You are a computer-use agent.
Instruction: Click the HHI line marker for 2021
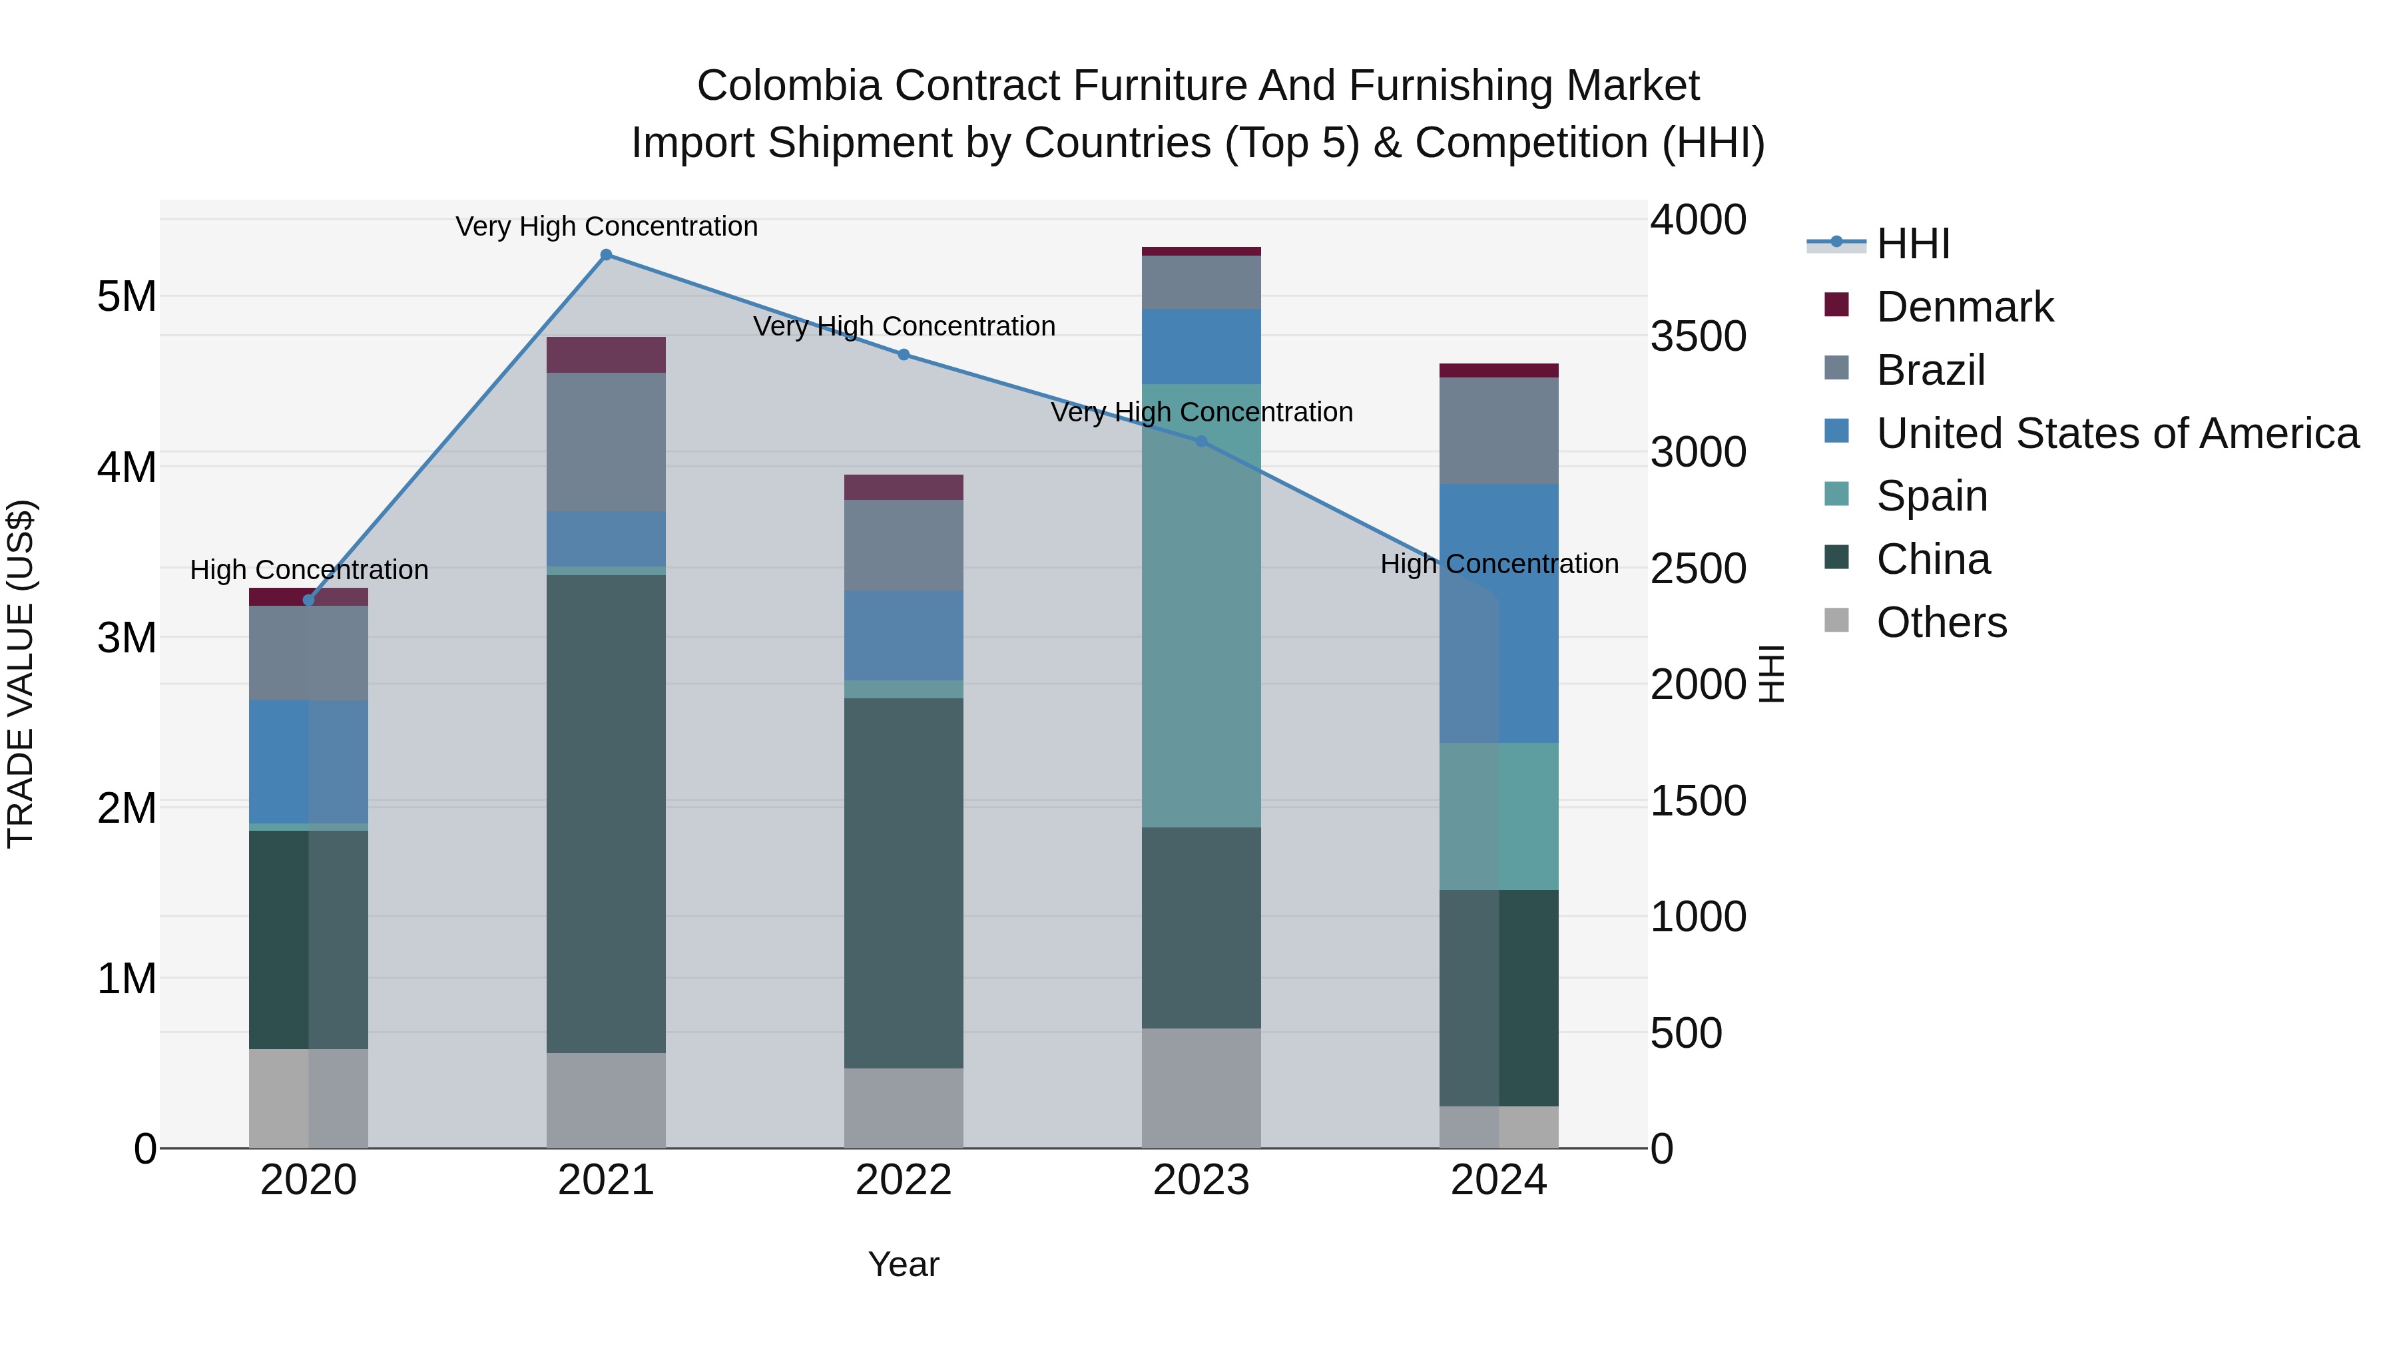(606, 255)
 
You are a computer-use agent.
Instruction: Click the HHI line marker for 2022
(904, 354)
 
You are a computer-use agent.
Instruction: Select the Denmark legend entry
(1964, 307)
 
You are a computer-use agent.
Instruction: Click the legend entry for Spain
(1931, 496)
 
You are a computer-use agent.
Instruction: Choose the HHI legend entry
(1912, 244)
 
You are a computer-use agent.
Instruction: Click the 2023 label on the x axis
(1200, 1180)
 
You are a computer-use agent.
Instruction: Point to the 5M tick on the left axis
(127, 297)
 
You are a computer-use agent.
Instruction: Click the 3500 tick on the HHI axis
(1698, 337)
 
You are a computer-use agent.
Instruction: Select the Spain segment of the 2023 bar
(1200, 604)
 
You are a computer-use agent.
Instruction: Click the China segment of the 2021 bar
(606, 814)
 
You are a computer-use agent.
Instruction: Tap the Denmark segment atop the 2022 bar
(904, 487)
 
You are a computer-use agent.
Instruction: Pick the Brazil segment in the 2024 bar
(1498, 431)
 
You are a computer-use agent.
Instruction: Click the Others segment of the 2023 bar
(1200, 1088)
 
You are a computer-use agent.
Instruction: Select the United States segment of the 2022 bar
(904, 636)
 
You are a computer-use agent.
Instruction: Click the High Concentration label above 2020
(309, 569)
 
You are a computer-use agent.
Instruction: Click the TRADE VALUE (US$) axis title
(21, 674)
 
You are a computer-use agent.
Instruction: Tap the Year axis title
(904, 1264)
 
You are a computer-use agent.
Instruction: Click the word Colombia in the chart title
(788, 86)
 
